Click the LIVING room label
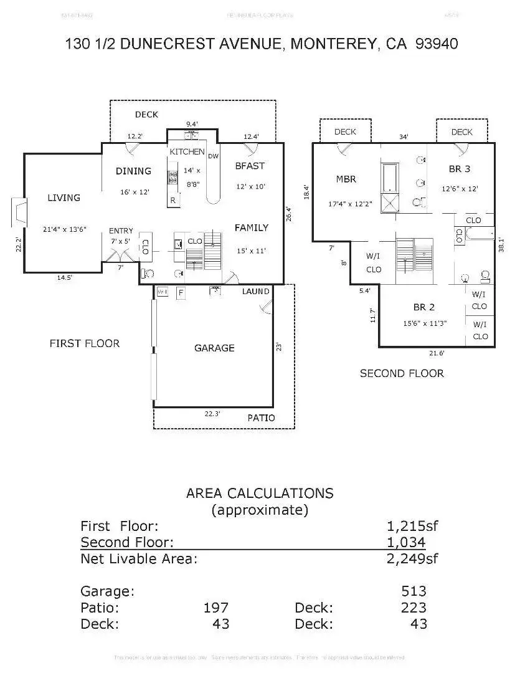(x=64, y=198)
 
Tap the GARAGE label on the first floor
(x=214, y=348)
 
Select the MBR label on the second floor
(x=346, y=179)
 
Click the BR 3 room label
(x=460, y=169)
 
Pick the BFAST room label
(x=250, y=166)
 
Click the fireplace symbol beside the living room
(x=19, y=212)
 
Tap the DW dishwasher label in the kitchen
(x=213, y=156)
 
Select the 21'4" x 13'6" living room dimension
(x=64, y=229)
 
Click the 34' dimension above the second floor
(x=404, y=137)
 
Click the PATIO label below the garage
(x=261, y=418)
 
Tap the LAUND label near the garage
(x=255, y=291)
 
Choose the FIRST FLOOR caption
(x=85, y=343)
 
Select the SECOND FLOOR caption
(x=402, y=373)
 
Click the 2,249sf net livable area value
(x=413, y=558)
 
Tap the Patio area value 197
(x=216, y=608)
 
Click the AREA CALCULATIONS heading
(x=260, y=494)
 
